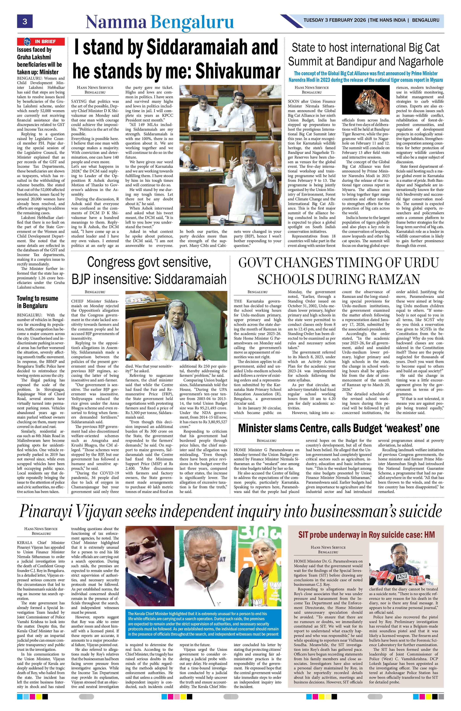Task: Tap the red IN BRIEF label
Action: click(41, 41)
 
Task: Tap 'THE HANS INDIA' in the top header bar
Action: click(388, 20)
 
